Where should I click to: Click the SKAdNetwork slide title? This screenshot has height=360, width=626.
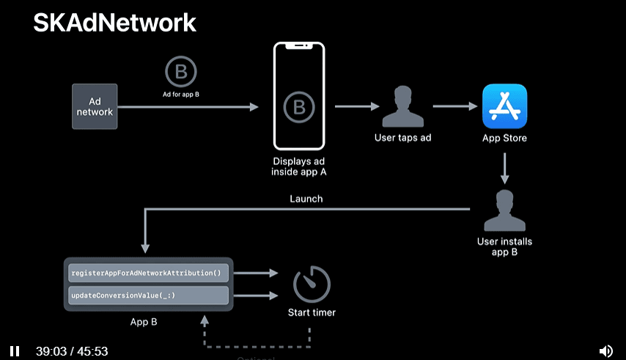tap(114, 23)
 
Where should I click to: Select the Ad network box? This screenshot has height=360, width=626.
tap(95, 107)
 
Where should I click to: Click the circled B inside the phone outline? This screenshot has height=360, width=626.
tap(298, 106)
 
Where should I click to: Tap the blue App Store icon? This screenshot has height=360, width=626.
tap(504, 106)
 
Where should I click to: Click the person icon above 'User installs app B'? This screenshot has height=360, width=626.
tap(504, 210)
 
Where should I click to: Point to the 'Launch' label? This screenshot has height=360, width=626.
tap(306, 199)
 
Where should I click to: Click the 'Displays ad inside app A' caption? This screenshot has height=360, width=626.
tap(299, 166)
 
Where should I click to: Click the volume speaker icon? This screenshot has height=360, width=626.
tap(605, 351)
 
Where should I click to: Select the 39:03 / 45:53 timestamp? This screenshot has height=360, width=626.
tap(72, 351)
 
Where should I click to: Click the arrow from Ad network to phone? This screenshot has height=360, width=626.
tap(188, 107)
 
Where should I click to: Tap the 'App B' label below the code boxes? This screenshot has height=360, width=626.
tap(144, 321)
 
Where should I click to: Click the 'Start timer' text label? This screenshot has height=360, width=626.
tap(312, 312)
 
